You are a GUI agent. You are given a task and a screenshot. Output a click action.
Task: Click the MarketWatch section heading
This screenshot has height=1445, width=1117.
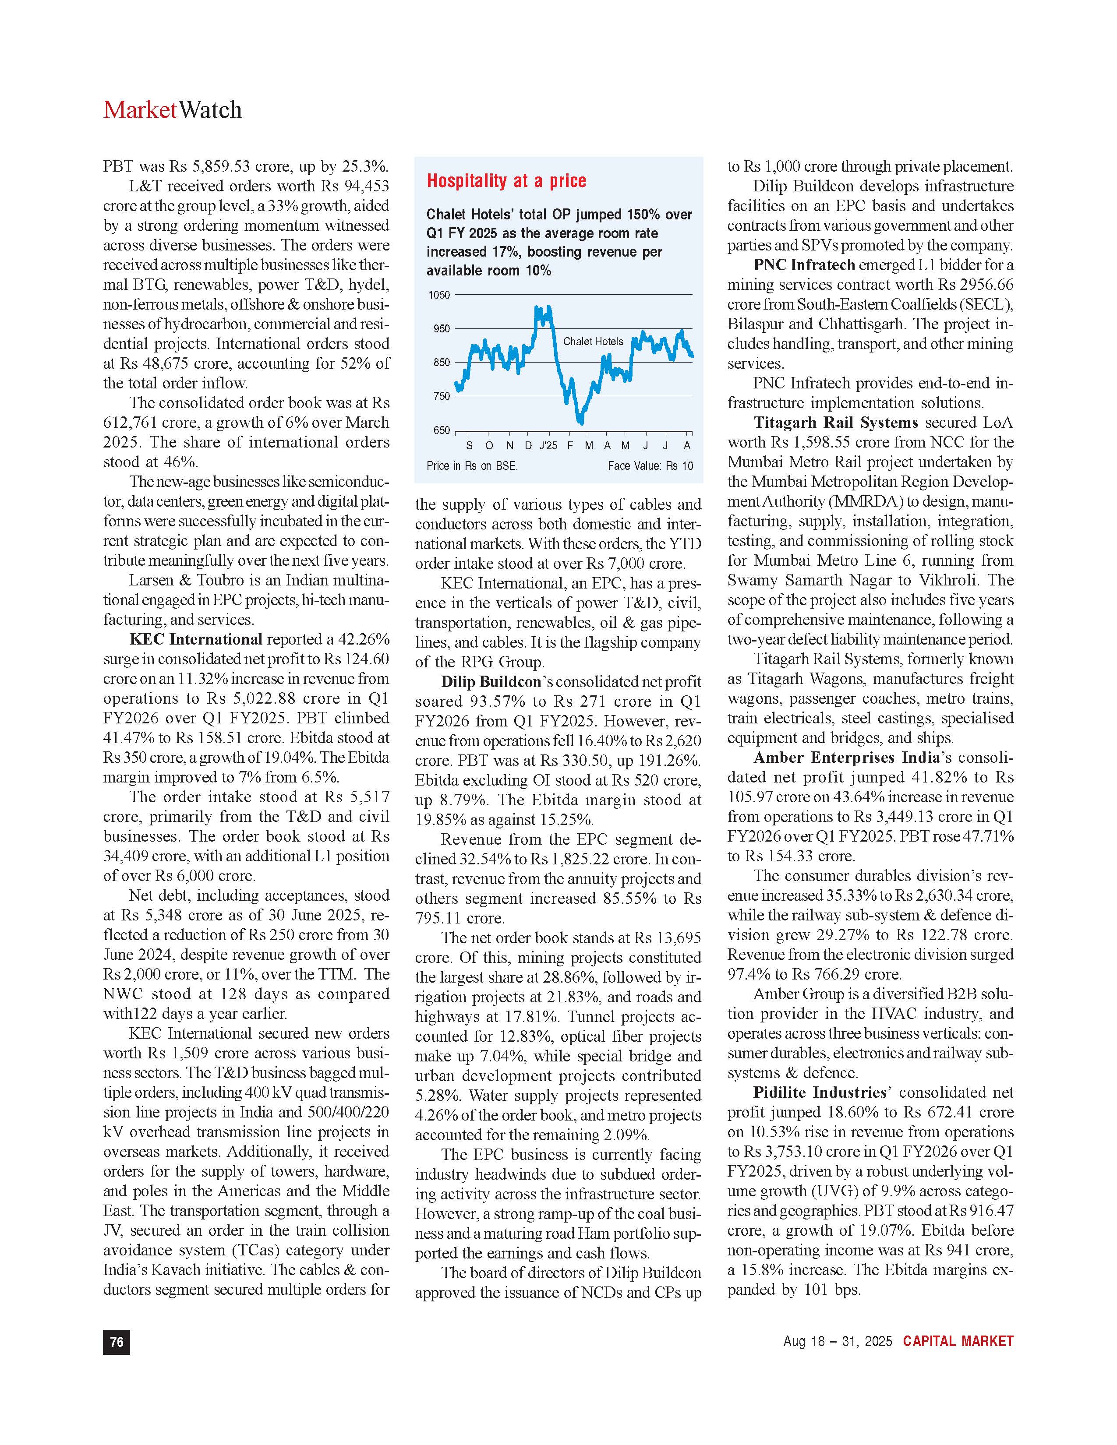tap(172, 110)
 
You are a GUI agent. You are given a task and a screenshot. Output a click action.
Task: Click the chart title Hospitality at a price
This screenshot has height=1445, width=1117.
tap(506, 181)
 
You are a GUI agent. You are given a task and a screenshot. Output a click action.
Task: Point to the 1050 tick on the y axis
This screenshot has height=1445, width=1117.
tap(439, 295)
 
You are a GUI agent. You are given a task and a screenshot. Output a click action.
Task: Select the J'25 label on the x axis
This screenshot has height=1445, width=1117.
tap(548, 446)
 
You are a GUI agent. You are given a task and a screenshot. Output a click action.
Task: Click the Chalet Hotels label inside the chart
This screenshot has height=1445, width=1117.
tap(593, 342)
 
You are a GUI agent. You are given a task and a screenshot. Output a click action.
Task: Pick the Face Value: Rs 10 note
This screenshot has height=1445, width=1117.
tap(650, 466)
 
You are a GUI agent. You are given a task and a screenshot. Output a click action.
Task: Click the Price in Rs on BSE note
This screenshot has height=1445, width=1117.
tap(472, 466)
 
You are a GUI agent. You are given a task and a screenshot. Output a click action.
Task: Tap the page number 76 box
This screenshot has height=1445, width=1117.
tap(117, 1341)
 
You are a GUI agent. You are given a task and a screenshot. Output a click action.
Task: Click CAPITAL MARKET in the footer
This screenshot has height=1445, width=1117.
tap(958, 1341)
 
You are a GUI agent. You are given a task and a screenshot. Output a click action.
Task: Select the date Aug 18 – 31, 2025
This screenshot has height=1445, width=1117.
tap(837, 1341)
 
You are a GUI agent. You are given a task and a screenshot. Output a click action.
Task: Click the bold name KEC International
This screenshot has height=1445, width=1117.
tap(196, 639)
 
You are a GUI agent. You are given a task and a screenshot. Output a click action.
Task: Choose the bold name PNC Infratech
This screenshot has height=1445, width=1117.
tap(804, 264)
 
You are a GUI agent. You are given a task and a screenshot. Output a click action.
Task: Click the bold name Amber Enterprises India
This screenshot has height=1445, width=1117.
tap(846, 758)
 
